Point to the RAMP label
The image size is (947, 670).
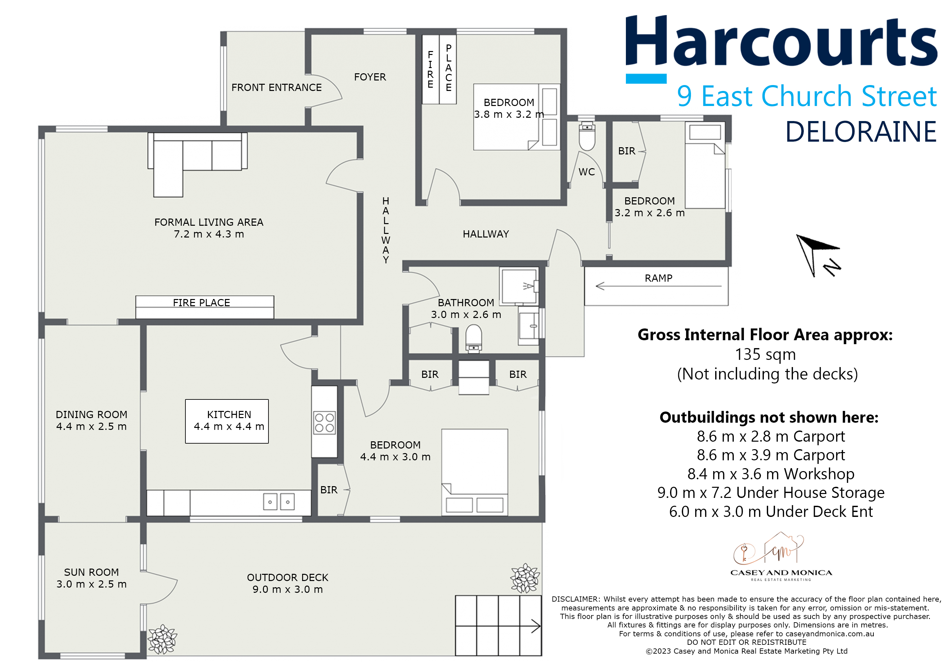click(658, 278)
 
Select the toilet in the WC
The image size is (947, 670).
click(587, 136)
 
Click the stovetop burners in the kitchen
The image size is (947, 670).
click(324, 422)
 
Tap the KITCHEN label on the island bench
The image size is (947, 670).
click(229, 414)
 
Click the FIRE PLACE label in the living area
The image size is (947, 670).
click(201, 303)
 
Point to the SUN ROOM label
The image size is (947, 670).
click(91, 572)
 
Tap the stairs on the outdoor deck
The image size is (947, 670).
click(498, 626)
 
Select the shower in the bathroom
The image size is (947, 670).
click(519, 286)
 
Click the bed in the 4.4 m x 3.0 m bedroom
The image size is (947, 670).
click(474, 472)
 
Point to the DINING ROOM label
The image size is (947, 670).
click(91, 414)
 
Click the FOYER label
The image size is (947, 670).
click(370, 77)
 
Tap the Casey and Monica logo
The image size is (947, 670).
click(781, 556)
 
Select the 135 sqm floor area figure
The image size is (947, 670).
click(765, 354)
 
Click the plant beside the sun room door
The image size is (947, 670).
click(163, 639)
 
